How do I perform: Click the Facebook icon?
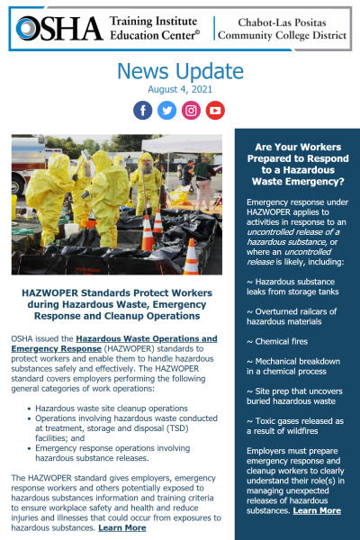(143, 110)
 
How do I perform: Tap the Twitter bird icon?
(167, 110)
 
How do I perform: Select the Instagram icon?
(191, 110)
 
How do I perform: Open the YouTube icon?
(215, 110)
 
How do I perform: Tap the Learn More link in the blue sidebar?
(317, 510)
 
